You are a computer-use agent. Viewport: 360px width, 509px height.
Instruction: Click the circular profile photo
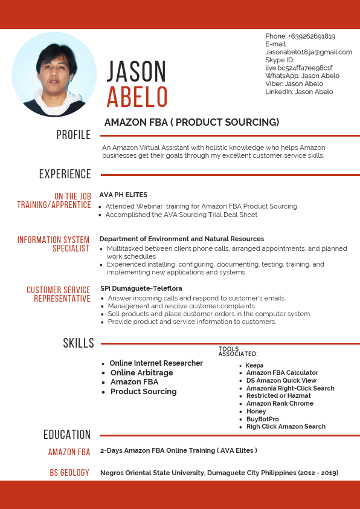click(x=54, y=74)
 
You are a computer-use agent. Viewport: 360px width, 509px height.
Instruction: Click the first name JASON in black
click(x=137, y=72)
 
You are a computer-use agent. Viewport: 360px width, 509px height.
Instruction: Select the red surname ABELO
click(x=137, y=97)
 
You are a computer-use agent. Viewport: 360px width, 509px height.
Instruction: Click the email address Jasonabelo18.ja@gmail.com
click(x=309, y=52)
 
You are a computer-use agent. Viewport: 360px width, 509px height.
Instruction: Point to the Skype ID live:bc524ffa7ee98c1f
click(x=299, y=68)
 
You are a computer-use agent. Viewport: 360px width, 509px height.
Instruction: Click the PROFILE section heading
click(x=73, y=135)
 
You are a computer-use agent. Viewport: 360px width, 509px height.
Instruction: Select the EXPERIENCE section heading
click(x=65, y=174)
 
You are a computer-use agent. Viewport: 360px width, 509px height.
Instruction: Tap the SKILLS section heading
click(x=79, y=343)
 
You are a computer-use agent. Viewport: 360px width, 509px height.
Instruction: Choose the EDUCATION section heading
click(x=67, y=434)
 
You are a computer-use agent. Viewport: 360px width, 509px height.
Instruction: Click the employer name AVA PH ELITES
click(x=123, y=195)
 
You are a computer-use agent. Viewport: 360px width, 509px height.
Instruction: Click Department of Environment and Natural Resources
click(x=182, y=239)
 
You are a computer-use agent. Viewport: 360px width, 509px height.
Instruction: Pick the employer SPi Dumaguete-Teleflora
click(x=141, y=288)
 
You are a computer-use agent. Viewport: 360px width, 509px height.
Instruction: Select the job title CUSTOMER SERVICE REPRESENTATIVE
click(x=59, y=294)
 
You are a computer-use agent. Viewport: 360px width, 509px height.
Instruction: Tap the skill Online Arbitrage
click(x=141, y=373)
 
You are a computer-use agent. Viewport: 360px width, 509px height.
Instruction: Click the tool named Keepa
click(x=254, y=365)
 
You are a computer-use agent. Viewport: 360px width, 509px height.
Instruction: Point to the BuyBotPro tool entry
click(x=262, y=419)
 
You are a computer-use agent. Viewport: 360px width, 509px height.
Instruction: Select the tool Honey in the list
click(x=256, y=411)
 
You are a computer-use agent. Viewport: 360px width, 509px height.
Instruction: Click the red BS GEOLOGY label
click(x=69, y=472)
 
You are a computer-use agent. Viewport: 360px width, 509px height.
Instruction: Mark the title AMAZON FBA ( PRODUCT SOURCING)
click(x=192, y=122)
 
